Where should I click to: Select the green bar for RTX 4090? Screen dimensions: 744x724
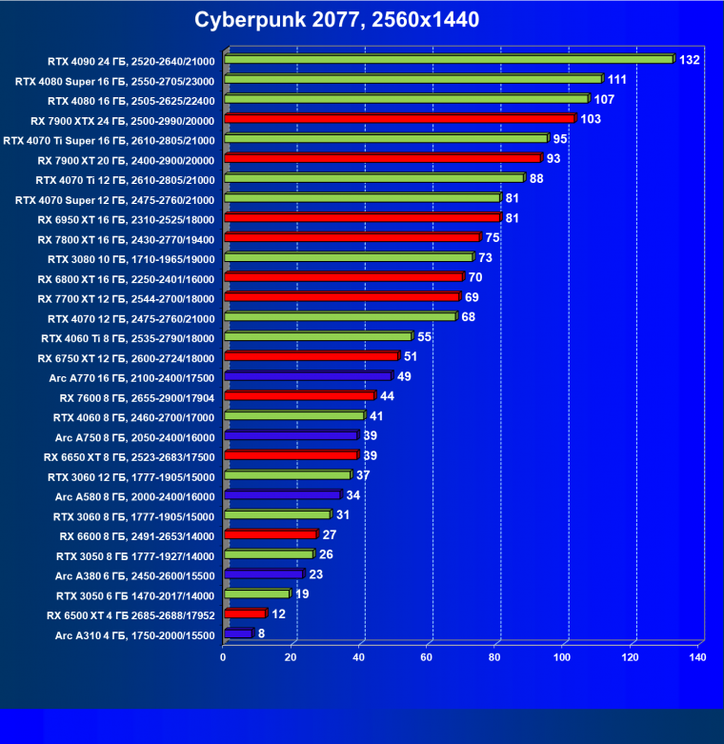pos(448,60)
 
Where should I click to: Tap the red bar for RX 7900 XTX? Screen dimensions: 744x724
pos(399,119)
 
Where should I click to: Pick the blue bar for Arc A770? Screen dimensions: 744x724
pos(308,376)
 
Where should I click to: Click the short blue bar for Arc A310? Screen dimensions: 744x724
pos(237,633)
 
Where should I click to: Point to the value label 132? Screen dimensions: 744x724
pos(690,60)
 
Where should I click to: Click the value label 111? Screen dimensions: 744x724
pos(618,79)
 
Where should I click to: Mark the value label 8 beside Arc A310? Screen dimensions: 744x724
pos(262,633)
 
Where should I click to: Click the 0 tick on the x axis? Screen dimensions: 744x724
pos(224,656)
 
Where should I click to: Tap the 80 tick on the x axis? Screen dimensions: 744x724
pos(496,656)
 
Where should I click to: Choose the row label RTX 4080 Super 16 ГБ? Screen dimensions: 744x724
pos(115,80)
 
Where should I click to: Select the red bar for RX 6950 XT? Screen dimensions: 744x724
pos(361,218)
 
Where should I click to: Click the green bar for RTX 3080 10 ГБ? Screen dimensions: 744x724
pos(348,257)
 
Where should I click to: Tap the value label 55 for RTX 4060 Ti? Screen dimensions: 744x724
pos(426,337)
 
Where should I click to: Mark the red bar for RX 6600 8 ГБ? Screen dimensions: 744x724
pos(270,534)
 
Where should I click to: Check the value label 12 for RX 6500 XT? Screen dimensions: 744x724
pos(280,614)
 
